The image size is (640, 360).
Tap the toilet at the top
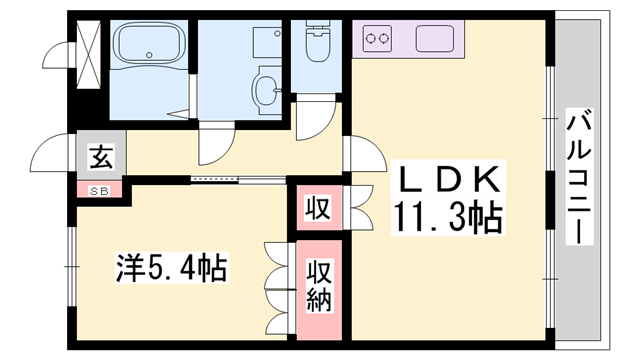[x=318, y=43]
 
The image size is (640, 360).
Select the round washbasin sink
[x=269, y=89]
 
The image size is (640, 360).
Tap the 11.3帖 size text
[x=449, y=217]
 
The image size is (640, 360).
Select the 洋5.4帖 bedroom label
[x=171, y=268]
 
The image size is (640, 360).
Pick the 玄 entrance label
[x=100, y=156]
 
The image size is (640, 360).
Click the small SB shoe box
[x=100, y=190]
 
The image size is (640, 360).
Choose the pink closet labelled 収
[x=317, y=209]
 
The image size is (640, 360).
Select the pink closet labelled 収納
[x=319, y=286]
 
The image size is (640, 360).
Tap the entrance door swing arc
[x=53, y=154]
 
